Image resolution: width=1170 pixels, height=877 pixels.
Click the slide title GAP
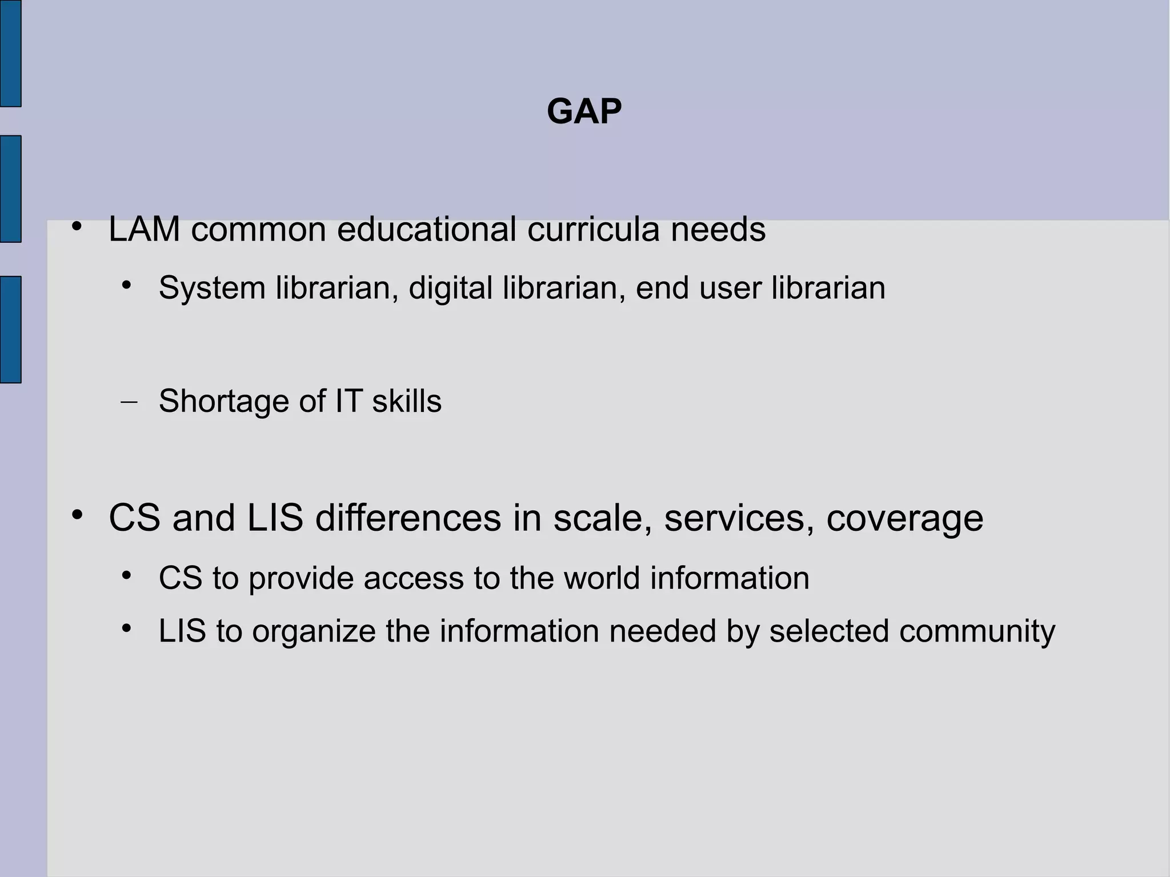pos(584,111)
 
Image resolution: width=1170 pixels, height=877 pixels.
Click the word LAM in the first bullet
pos(144,230)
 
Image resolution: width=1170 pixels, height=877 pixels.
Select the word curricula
pos(593,230)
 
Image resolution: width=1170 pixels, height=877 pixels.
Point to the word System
pos(212,288)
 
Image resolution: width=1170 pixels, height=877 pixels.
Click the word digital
pos(450,288)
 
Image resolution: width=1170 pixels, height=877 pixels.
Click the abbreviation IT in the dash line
pos(348,401)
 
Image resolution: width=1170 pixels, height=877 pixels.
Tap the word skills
pos(407,401)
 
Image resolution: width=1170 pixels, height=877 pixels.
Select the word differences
pos(407,518)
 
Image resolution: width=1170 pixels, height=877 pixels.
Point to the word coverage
pos(905,519)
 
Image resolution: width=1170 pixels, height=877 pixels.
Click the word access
pos(414,578)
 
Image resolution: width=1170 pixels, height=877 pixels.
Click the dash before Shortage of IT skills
pos(130,402)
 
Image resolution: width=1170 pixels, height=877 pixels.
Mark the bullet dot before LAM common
pos(77,227)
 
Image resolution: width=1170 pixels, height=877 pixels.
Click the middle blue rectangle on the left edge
pos(10,189)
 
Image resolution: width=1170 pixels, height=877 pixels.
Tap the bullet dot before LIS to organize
pos(127,628)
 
